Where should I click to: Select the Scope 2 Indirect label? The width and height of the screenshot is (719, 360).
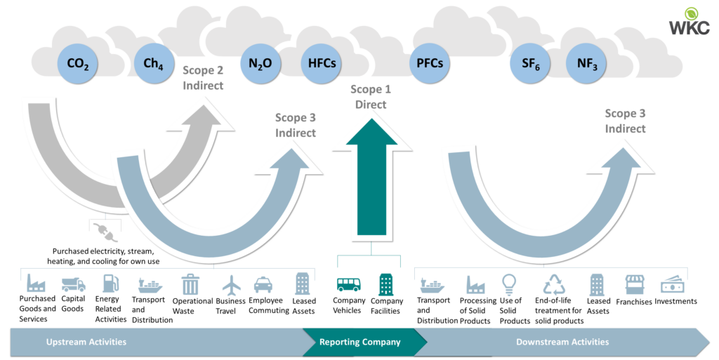tap(203, 78)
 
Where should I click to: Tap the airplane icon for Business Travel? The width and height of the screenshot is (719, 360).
tap(232, 284)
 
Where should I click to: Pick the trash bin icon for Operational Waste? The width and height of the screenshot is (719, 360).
tap(190, 284)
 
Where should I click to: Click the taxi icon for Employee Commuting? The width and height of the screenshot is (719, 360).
tap(263, 284)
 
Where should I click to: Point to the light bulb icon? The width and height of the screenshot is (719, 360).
tap(509, 284)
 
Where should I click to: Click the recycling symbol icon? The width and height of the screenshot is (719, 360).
tap(555, 284)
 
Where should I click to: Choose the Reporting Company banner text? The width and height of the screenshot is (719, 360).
tap(360, 342)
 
